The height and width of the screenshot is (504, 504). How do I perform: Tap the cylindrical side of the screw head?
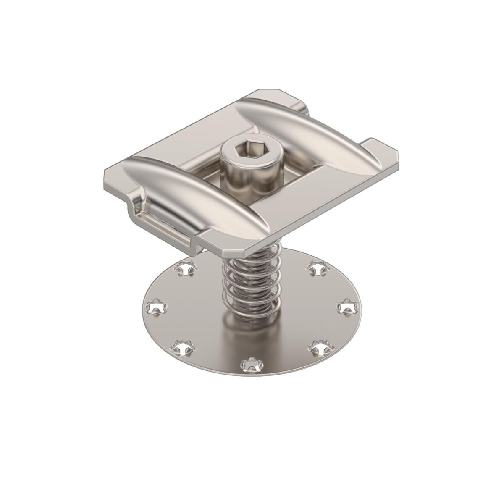click(235, 172)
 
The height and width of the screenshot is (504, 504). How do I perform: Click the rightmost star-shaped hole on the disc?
click(346, 306)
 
